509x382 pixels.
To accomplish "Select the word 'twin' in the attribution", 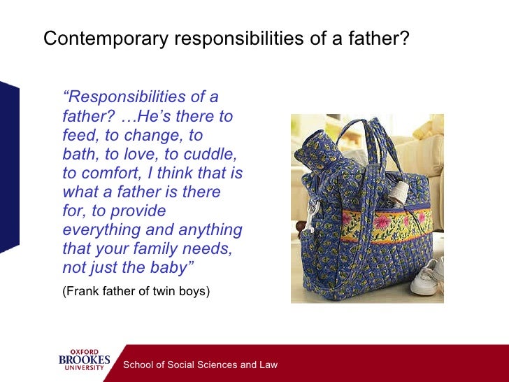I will (x=165, y=291).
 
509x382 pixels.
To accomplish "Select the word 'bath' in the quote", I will (x=77, y=154).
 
